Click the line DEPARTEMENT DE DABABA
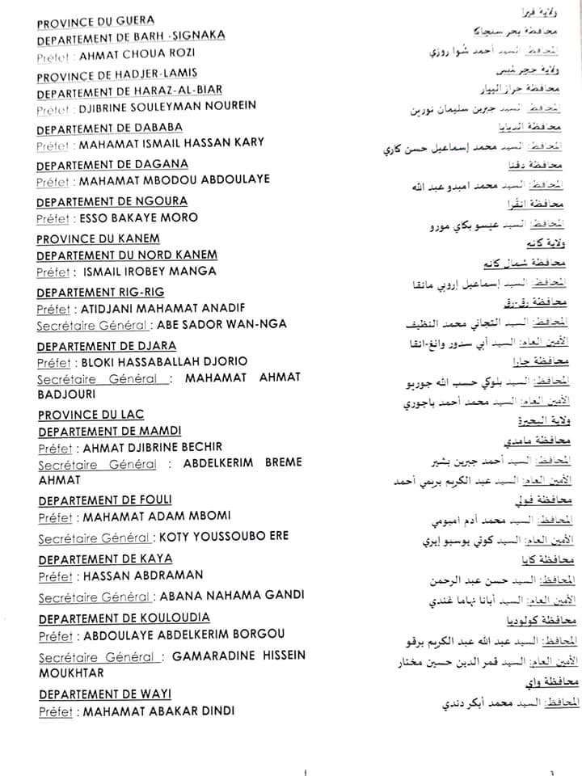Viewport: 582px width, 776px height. (109, 128)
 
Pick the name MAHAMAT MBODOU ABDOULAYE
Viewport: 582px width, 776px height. (174, 179)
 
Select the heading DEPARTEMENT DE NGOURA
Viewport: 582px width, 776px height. (112, 201)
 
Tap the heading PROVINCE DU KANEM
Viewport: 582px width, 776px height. (98, 238)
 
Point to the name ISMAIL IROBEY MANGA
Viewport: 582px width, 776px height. (149, 272)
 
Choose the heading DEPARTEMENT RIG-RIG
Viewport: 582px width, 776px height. (100, 293)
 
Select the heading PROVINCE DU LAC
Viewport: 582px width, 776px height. (91, 415)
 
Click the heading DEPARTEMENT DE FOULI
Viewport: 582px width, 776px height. (104, 500)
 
